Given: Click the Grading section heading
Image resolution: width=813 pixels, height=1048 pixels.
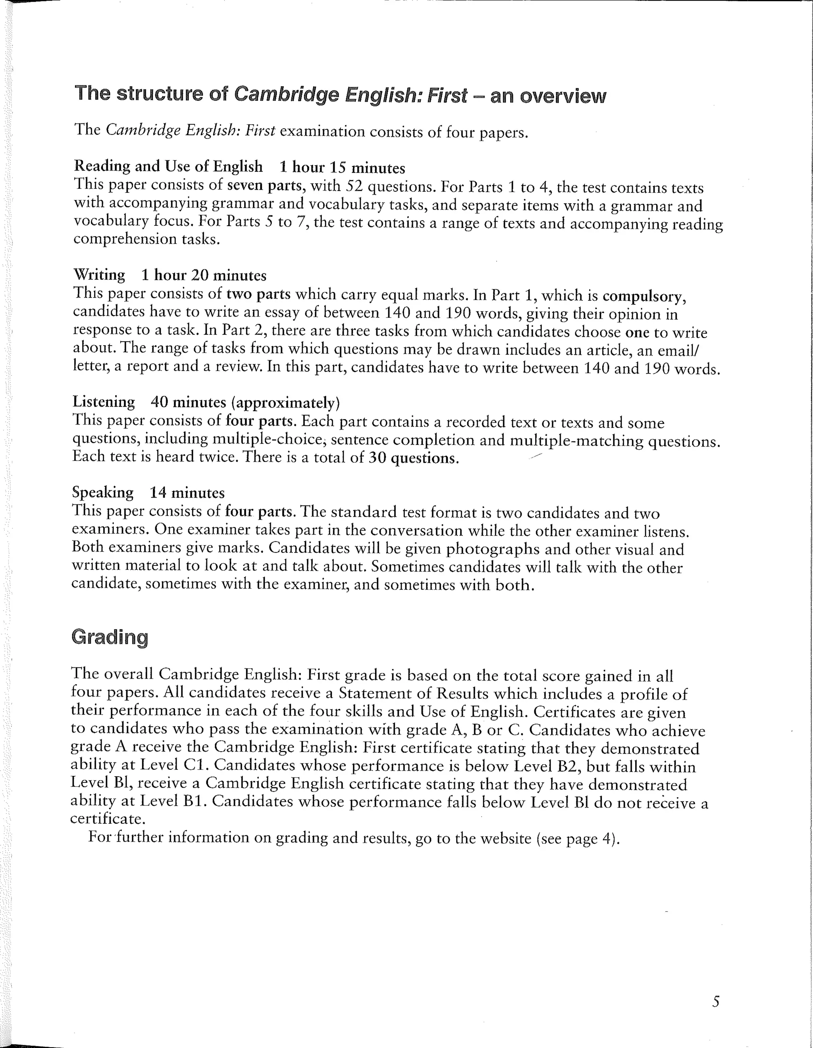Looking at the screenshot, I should coord(110,637).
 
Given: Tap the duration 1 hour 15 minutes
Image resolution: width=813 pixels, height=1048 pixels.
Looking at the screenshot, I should coord(342,167).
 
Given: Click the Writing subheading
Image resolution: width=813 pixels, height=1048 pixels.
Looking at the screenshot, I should coord(99,275).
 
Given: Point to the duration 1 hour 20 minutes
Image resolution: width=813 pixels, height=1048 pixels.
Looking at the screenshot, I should coord(204,275).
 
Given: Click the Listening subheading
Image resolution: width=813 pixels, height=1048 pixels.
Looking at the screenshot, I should coord(103,401).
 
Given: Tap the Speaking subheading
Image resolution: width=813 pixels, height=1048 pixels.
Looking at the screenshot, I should coord(103,492).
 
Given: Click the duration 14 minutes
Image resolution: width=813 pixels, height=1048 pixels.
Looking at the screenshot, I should coord(187,492).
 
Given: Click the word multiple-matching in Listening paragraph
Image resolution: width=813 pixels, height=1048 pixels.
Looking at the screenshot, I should coord(576,440).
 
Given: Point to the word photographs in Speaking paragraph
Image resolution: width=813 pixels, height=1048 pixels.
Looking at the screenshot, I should coord(493,549).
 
